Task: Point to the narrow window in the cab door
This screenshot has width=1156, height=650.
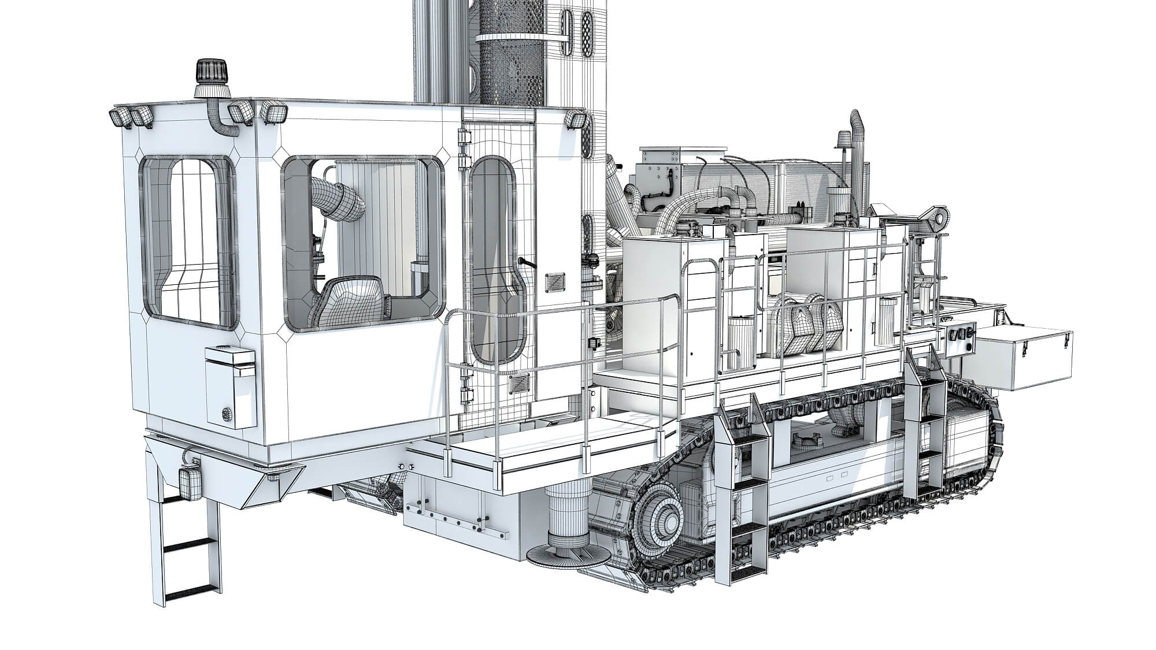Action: pos(492,260)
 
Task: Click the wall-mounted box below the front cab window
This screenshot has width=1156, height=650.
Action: pos(231,385)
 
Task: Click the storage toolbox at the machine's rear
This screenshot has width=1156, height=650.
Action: pos(1023,358)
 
